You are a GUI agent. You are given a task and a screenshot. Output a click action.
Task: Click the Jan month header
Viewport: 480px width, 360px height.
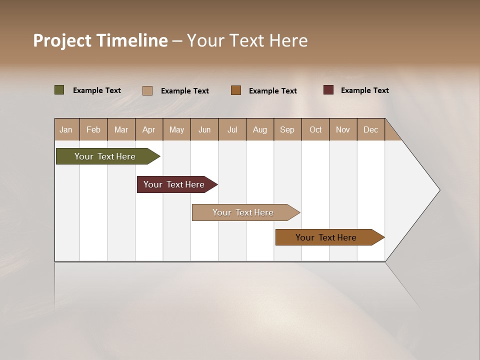pos(66,129)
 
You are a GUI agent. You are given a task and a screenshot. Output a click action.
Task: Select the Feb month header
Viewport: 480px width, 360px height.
pos(93,129)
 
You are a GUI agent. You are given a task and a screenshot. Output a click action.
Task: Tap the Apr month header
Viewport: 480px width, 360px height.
pos(148,129)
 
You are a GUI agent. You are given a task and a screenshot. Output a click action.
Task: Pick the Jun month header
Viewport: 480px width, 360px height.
pos(204,129)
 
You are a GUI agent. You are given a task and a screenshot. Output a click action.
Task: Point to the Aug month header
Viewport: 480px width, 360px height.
pos(259,129)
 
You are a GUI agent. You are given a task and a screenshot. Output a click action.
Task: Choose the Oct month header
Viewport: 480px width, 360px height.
pos(315,129)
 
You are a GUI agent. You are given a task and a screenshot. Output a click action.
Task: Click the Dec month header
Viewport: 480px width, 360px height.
pos(370,129)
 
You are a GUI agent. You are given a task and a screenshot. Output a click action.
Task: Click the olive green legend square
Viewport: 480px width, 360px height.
pos(59,90)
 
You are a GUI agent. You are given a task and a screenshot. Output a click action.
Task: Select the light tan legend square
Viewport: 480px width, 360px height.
pos(147,90)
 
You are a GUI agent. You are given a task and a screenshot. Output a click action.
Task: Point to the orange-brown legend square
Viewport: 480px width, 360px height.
pos(236,90)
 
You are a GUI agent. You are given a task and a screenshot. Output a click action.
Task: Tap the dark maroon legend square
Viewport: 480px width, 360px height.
pos(328,90)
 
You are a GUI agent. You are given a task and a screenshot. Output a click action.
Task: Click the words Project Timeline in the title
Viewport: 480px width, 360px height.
pos(100,40)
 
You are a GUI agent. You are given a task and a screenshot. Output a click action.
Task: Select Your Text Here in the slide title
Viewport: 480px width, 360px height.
pos(247,40)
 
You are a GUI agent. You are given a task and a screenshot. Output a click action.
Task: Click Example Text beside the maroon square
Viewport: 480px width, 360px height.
pos(364,90)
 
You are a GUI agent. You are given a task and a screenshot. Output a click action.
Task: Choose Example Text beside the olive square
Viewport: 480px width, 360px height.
pos(97,90)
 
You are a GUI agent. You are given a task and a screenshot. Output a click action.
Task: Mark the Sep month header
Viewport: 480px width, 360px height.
pos(287,129)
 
